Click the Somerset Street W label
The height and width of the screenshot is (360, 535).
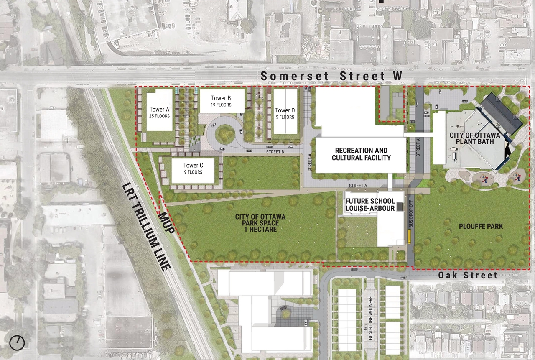[331, 76]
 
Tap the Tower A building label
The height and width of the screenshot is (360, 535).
[159, 112]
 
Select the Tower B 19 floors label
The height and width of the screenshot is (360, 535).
[221, 101]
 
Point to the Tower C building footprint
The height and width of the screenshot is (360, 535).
[193, 170]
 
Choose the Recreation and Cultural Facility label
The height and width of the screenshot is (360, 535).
[361, 154]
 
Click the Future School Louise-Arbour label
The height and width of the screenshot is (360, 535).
[370, 204]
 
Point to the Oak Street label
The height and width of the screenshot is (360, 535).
[468, 275]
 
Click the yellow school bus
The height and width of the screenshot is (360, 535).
[409, 238]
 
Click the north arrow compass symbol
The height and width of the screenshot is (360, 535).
[17, 343]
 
